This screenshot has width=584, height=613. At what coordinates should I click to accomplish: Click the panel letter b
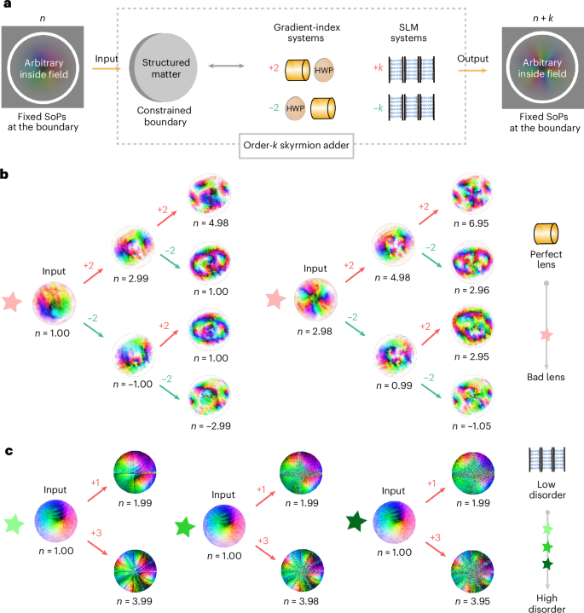[5, 173]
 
